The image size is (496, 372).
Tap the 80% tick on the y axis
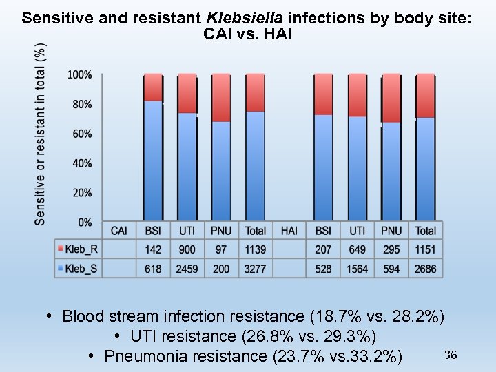tap(81, 104)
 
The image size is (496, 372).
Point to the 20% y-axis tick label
tap(81, 193)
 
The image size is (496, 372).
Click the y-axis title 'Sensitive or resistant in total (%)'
tap(41, 134)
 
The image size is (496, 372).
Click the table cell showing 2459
tap(187, 269)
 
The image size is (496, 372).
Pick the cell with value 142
tap(153, 249)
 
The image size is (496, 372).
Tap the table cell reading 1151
tap(426, 249)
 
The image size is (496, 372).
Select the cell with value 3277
tap(255, 269)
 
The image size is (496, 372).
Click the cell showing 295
tap(391, 249)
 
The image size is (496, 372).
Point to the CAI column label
tap(118, 230)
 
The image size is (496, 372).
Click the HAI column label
tap(289, 230)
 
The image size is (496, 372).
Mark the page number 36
tap(451, 355)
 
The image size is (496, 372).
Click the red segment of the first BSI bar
tap(153, 87)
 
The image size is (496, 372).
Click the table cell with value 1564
tap(358, 269)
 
